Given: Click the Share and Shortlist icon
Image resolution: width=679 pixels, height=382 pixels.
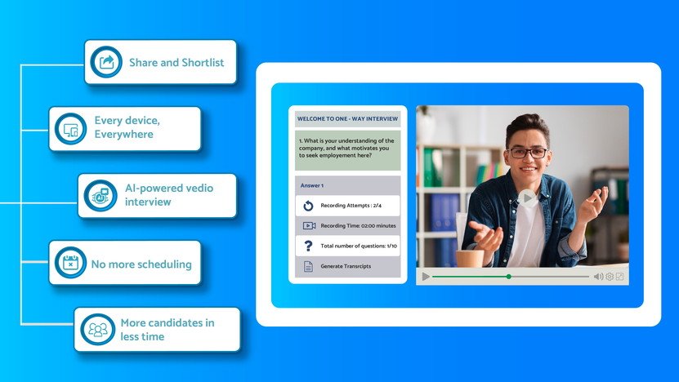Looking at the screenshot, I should click(106, 62).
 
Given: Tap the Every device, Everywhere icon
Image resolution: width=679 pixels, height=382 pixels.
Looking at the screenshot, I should click(70, 129).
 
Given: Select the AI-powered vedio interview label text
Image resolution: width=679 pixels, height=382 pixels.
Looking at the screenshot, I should click(169, 195).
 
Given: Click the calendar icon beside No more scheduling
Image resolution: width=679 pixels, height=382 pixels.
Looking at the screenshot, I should click(70, 263).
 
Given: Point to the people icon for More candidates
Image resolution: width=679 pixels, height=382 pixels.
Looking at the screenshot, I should click(97, 330).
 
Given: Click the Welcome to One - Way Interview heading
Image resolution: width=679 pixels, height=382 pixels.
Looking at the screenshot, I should click(347, 118).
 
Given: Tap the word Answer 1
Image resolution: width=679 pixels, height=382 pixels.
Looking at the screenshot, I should click(312, 185).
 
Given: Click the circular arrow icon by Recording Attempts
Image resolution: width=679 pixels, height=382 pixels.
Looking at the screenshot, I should click(308, 206).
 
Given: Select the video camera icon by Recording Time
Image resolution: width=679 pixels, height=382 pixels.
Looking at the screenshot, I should click(309, 225).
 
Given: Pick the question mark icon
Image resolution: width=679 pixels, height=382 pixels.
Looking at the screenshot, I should click(308, 246).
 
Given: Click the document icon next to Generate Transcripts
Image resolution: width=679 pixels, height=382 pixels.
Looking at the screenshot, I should click(308, 266).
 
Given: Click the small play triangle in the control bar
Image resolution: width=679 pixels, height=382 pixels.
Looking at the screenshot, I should click(426, 277).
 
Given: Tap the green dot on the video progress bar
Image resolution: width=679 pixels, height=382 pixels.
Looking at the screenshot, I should click(508, 277).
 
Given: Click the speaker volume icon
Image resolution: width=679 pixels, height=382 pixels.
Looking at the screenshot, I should click(598, 277).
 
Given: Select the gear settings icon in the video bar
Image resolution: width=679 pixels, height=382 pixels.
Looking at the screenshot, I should click(609, 277).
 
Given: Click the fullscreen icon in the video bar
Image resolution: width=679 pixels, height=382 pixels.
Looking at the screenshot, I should click(619, 277).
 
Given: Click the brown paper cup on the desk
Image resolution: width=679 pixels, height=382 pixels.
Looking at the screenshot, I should click(469, 258).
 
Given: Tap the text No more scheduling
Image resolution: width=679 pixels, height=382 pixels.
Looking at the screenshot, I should click(141, 264).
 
